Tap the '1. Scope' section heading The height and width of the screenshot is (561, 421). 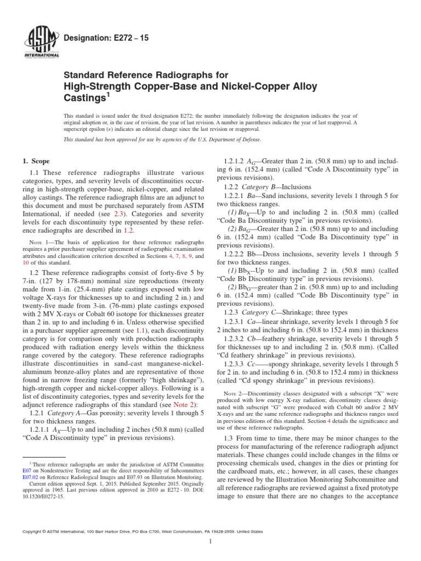tap(35, 161)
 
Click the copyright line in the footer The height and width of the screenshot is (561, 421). tap(141, 531)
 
